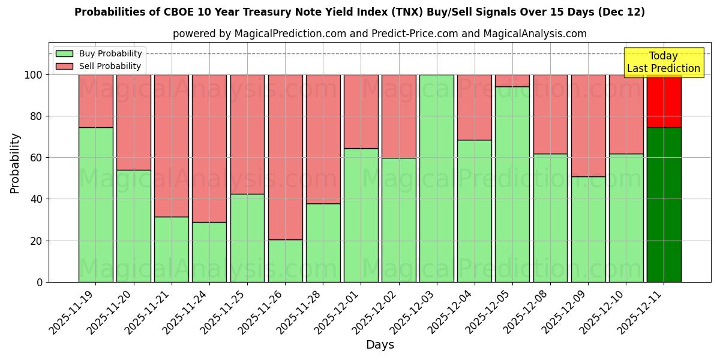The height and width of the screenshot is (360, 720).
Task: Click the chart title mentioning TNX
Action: (x=359, y=12)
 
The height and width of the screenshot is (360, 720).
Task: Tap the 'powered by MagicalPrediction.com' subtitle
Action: (x=379, y=34)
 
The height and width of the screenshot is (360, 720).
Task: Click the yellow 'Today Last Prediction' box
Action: (x=663, y=62)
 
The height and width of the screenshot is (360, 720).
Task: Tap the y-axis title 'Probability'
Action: (x=15, y=163)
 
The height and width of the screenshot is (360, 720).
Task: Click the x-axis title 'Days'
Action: (x=380, y=345)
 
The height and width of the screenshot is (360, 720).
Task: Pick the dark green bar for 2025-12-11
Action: (x=664, y=204)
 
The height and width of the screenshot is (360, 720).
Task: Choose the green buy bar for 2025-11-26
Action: (x=285, y=260)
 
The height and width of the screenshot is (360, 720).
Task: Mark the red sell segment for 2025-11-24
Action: (x=209, y=148)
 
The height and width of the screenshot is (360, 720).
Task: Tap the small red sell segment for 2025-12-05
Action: (x=512, y=80)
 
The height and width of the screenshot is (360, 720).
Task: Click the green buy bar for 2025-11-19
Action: (x=95, y=204)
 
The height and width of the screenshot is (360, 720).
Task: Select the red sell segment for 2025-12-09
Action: (x=588, y=125)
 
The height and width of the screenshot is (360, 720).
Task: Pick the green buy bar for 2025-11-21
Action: (x=172, y=249)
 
